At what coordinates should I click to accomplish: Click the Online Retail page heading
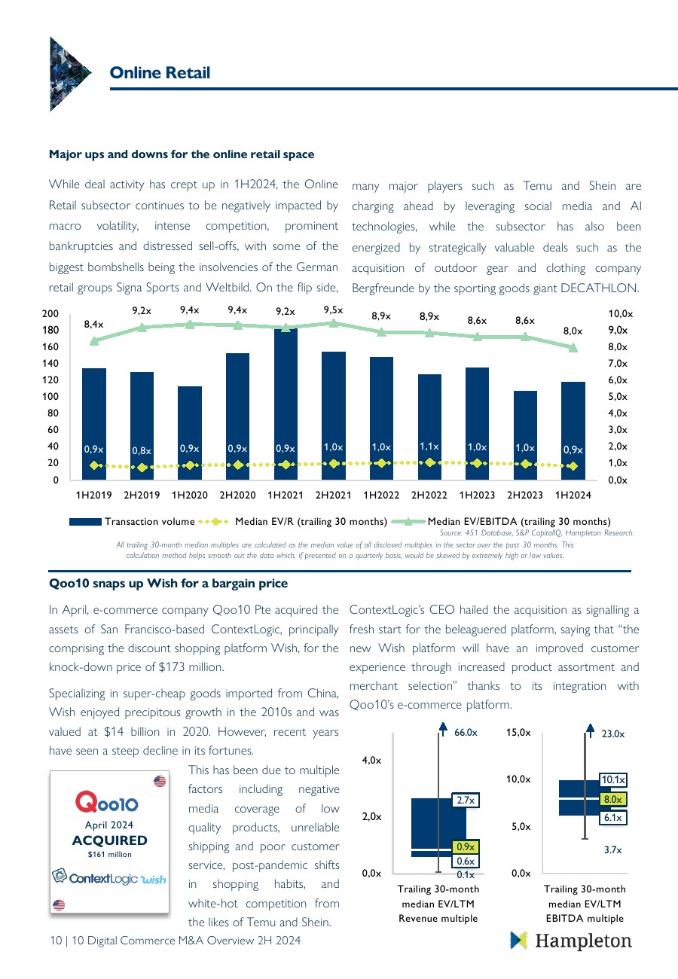pos(160,72)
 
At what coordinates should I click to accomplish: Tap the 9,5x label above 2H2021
pos(333,309)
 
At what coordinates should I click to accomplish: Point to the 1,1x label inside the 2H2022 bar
pos(429,447)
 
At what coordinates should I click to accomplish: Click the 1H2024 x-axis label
pos(573,495)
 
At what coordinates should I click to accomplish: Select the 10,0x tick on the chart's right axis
pos(620,313)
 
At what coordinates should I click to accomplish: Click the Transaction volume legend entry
pos(132,521)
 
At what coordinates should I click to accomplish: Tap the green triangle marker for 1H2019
pos(93,341)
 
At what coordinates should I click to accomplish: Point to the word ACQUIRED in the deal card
pos(109,840)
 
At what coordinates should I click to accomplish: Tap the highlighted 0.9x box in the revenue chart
pos(464,847)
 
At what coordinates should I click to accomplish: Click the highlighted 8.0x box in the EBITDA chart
pos(612,799)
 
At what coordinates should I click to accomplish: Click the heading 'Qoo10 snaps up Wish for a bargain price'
pos(168,584)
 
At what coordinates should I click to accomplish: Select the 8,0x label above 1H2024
pos(573,331)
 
